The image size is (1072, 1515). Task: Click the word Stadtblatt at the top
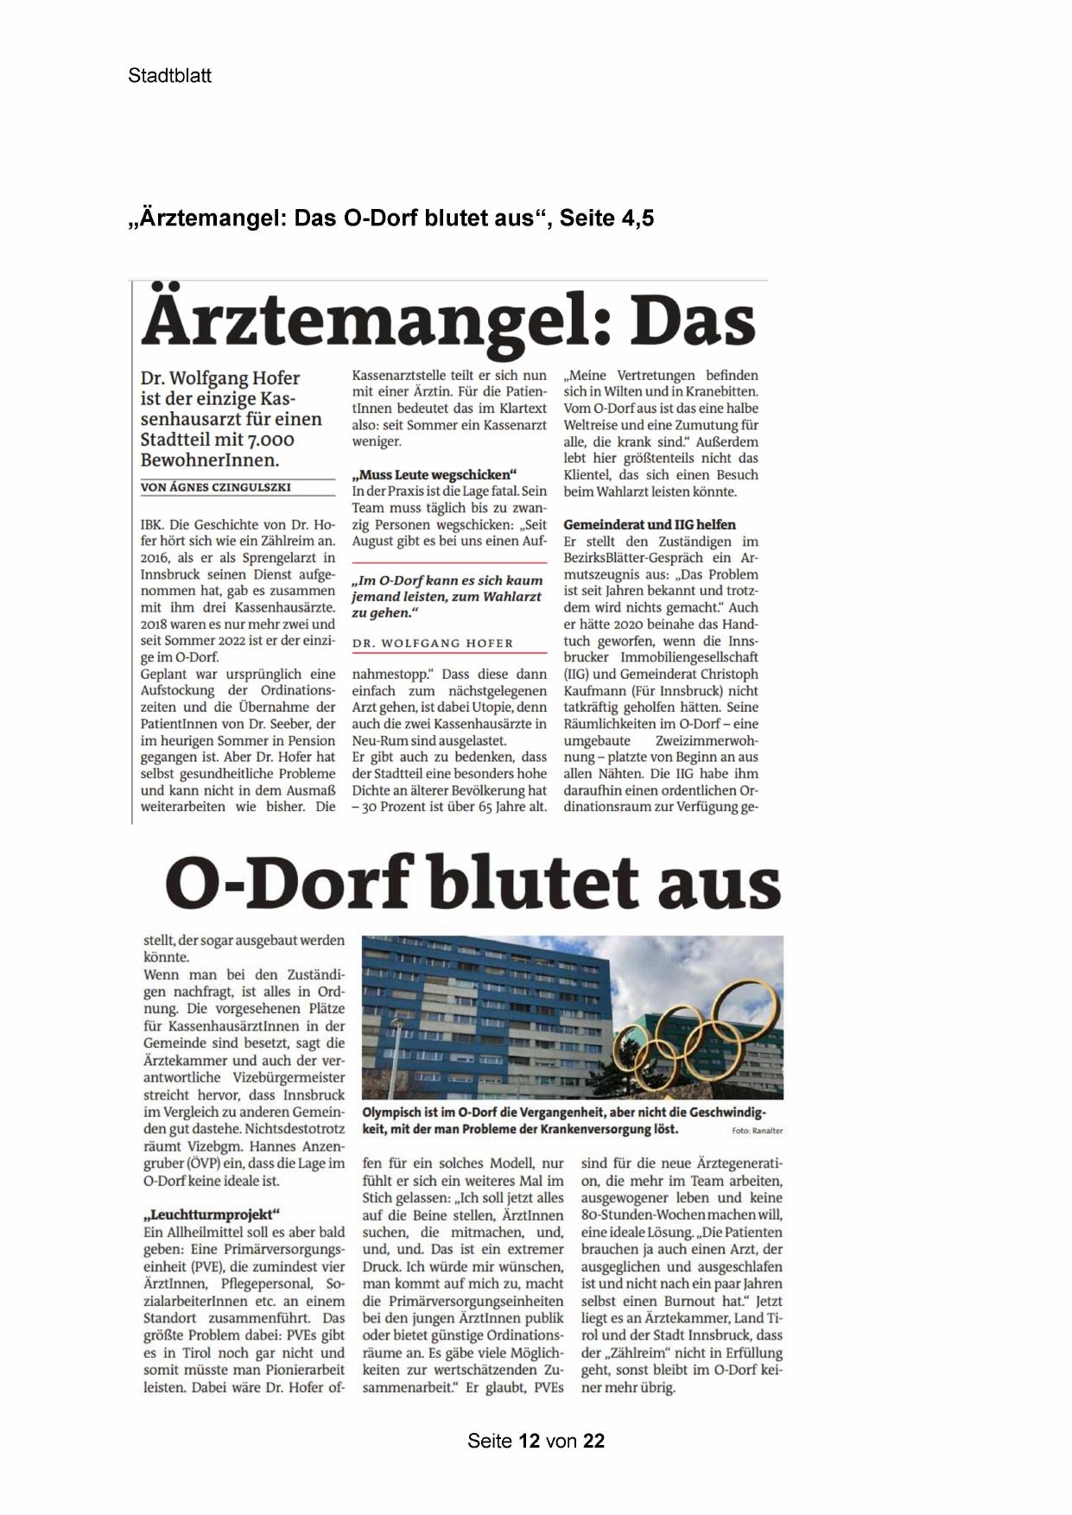click(x=169, y=76)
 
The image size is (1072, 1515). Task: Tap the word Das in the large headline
click(x=694, y=322)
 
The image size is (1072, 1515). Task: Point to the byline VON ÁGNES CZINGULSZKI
click(x=216, y=487)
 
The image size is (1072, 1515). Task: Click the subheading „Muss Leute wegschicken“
click(x=434, y=475)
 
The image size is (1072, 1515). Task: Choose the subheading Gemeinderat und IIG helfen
click(x=650, y=524)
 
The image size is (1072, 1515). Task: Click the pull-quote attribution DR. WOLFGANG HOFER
click(x=433, y=643)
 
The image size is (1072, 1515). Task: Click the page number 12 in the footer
click(x=530, y=1441)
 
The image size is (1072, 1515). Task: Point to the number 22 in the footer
click(x=593, y=1441)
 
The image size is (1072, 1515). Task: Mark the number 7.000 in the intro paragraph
click(x=266, y=441)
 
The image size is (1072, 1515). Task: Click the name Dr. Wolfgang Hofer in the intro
click(x=220, y=378)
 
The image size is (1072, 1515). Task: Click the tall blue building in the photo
click(x=484, y=1011)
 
